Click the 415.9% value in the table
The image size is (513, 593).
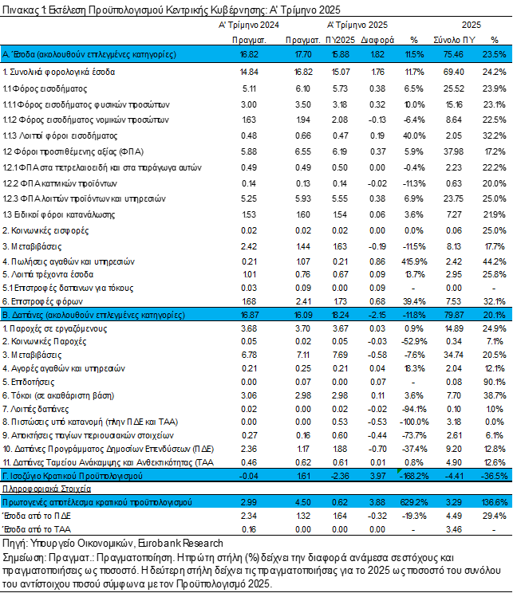[x=414, y=261]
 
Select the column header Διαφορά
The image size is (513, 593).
[x=377, y=40]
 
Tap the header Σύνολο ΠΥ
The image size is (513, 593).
[x=454, y=40]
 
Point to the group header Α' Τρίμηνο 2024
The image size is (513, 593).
[x=249, y=25]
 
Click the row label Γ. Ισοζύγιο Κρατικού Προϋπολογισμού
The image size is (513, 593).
[x=73, y=476]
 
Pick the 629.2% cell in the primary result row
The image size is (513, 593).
[x=414, y=502]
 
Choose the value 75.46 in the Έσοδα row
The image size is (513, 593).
[x=453, y=54]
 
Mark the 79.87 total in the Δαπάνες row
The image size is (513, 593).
[x=453, y=315]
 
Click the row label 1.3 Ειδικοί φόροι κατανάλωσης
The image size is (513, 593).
[x=59, y=215]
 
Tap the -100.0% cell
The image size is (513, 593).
[x=414, y=422]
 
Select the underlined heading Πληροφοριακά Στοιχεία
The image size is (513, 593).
[x=46, y=489]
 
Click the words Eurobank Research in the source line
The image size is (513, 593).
[x=180, y=544]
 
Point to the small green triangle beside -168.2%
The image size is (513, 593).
[x=399, y=471]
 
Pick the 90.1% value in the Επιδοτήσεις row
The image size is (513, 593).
[x=495, y=382]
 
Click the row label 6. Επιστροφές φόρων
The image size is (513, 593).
[x=42, y=301]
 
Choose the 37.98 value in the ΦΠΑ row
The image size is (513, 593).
[x=453, y=151]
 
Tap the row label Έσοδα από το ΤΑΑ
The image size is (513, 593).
[x=37, y=529]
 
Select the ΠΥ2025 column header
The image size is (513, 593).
[x=341, y=40]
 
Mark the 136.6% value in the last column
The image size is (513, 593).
[x=495, y=502]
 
